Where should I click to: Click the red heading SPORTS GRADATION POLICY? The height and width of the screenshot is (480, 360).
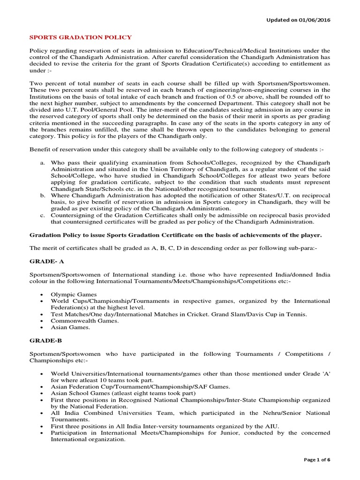click(81, 37)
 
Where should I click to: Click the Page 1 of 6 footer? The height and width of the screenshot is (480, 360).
click(317, 460)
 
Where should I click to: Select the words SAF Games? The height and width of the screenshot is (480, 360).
click(214, 387)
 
